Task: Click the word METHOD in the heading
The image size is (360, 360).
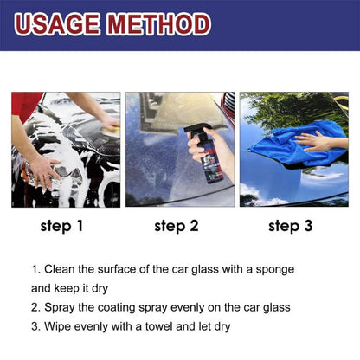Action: coord(161,23)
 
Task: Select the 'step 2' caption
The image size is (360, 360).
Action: coord(177,228)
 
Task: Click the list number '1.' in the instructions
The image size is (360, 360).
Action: coord(36,269)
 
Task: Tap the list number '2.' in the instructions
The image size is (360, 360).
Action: coord(36,306)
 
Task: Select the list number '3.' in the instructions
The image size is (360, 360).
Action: coord(36,325)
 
